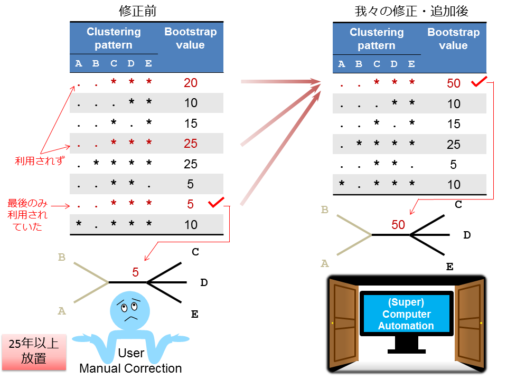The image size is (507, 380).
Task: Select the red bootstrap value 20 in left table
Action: click(x=190, y=82)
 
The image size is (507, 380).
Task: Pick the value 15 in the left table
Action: click(x=190, y=123)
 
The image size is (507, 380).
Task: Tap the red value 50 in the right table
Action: click(x=453, y=83)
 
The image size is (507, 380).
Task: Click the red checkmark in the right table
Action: click(x=478, y=82)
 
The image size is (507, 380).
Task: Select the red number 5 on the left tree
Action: click(x=135, y=272)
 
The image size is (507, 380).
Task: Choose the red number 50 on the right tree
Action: click(x=398, y=225)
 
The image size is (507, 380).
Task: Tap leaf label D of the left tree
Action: click(x=204, y=283)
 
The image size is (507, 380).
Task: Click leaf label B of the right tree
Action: click(x=324, y=210)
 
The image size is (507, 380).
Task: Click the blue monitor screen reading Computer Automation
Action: click(x=406, y=314)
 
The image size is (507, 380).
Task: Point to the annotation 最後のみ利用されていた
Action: click(x=27, y=215)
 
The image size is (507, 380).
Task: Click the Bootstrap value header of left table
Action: click(x=190, y=38)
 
